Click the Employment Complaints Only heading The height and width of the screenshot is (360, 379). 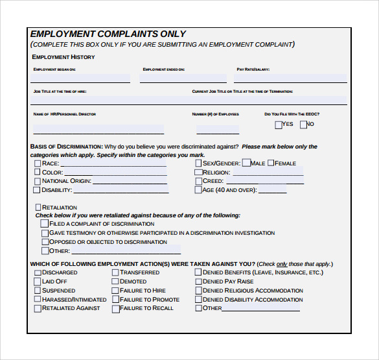point(108,34)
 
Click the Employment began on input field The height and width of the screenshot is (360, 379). point(80,78)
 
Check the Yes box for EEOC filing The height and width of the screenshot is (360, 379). point(279,125)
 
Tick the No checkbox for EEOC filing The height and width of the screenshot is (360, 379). point(303,125)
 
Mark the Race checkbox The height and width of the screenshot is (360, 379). point(38,164)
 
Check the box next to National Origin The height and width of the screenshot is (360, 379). point(38,182)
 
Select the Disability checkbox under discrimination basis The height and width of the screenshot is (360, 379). point(38,191)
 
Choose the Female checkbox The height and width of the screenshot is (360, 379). point(271,163)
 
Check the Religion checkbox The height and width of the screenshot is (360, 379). point(198,173)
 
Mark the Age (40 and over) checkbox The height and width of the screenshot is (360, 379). point(198,191)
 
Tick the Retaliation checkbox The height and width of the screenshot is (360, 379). point(38,208)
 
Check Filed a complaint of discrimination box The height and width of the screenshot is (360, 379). point(45,224)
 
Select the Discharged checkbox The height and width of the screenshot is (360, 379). point(38,273)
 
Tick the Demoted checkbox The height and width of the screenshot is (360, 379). point(115,282)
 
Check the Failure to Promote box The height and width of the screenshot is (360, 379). point(115,300)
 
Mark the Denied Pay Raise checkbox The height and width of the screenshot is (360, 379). point(198,282)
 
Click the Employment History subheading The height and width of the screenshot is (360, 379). point(63,57)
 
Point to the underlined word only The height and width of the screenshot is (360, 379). point(282,265)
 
